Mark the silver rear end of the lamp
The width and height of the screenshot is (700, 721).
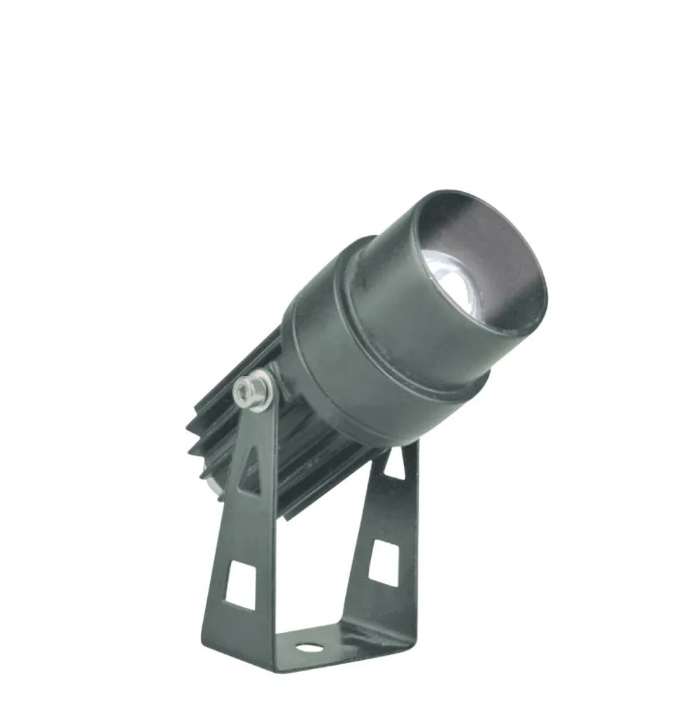click(x=209, y=483)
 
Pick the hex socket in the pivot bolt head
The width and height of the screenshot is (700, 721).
click(x=246, y=388)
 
